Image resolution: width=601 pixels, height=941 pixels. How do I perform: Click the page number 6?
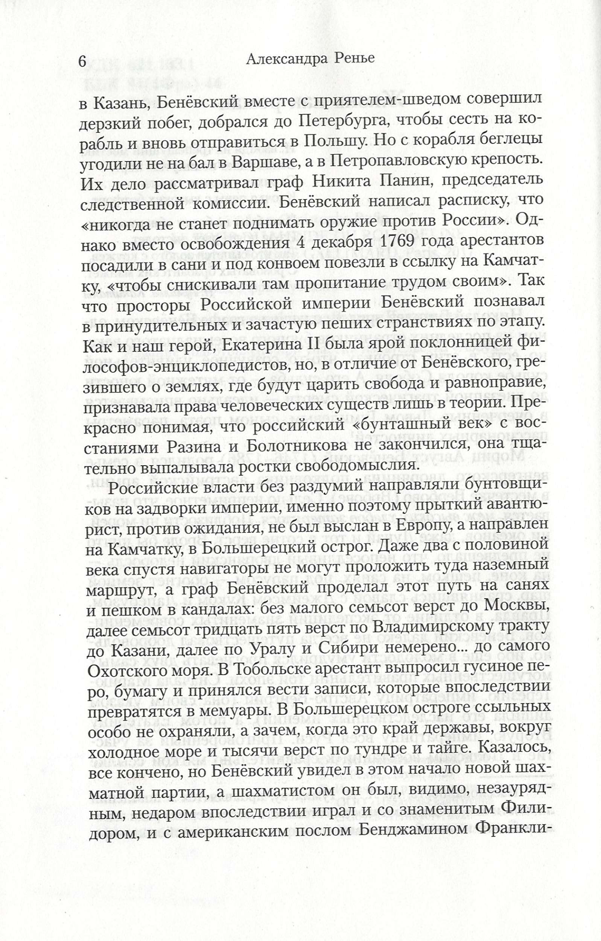click(x=82, y=61)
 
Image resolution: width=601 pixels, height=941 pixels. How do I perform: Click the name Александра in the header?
click(x=288, y=59)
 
